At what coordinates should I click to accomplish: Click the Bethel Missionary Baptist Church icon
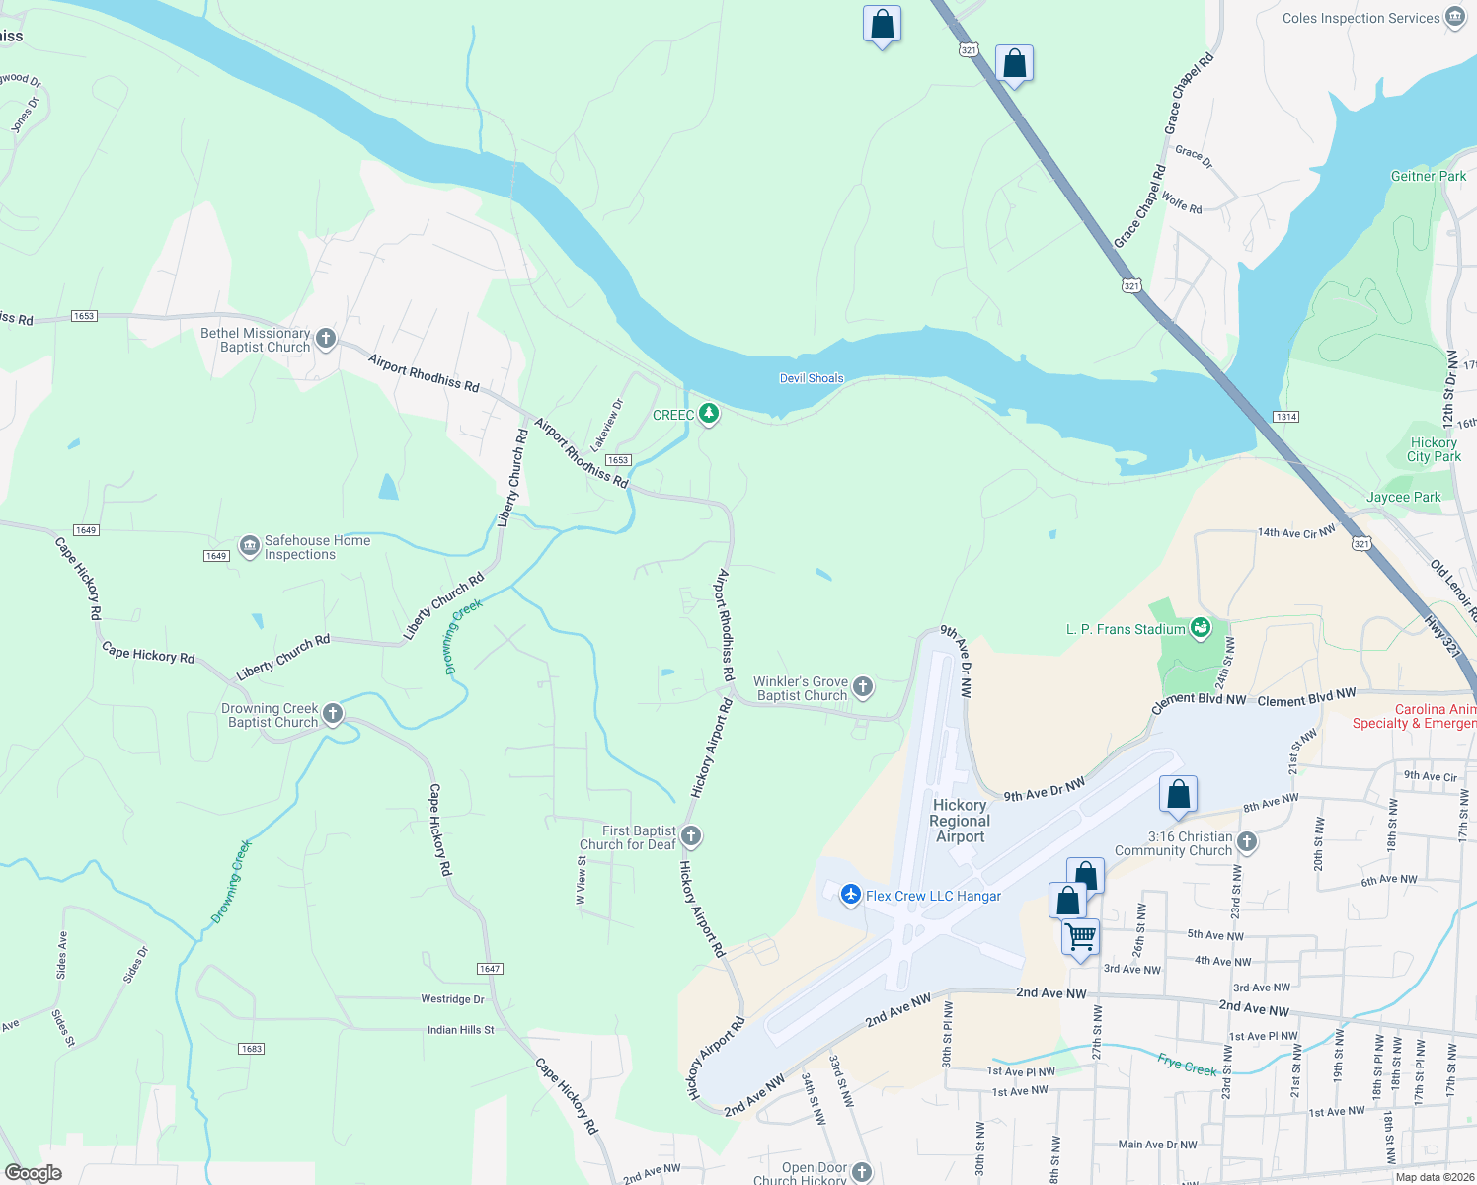pyautogui.click(x=325, y=340)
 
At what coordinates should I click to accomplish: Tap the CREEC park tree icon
pyautogui.click(x=709, y=414)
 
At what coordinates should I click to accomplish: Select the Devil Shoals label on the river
pyautogui.click(x=812, y=378)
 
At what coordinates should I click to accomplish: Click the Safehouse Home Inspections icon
pyautogui.click(x=249, y=546)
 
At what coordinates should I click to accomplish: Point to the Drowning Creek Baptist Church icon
pyautogui.click(x=333, y=714)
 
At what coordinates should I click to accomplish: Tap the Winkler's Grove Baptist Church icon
pyautogui.click(x=862, y=687)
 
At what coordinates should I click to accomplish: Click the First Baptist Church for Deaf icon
pyautogui.click(x=691, y=836)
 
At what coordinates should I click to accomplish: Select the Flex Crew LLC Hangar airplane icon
pyautogui.click(x=850, y=895)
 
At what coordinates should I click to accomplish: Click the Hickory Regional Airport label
pyautogui.click(x=960, y=821)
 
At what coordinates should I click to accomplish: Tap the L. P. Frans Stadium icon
pyautogui.click(x=1201, y=627)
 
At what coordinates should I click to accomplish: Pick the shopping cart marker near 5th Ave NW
pyautogui.click(x=1081, y=935)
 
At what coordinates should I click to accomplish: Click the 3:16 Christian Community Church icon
pyautogui.click(x=1247, y=842)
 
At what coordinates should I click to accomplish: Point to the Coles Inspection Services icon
pyautogui.click(x=1454, y=17)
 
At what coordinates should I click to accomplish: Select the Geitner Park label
pyautogui.click(x=1428, y=176)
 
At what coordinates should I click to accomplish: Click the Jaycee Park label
pyautogui.click(x=1403, y=497)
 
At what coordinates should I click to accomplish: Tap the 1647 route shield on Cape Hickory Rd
pyautogui.click(x=490, y=969)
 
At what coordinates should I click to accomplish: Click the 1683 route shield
pyautogui.click(x=251, y=1048)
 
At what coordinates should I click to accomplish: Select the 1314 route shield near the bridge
pyautogui.click(x=1285, y=417)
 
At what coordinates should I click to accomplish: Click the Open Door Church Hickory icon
pyautogui.click(x=862, y=1172)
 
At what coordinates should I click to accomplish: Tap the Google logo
pyautogui.click(x=34, y=1173)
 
